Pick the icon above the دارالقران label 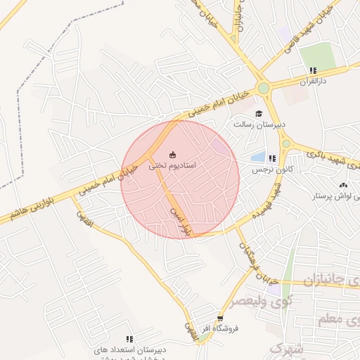click(313, 70)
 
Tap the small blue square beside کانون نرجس click(258, 157)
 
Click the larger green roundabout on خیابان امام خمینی click(264, 89)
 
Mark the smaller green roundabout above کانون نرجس click(286, 143)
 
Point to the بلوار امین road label click(179, 219)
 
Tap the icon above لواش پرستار click(342, 185)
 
